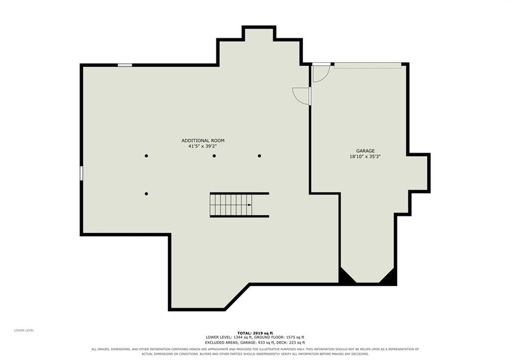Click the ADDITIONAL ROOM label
tap(203, 140)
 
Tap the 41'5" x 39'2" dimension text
tap(203, 146)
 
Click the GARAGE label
tap(365, 151)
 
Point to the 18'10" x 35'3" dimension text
tap(365, 156)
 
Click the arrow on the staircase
tap(249, 205)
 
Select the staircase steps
tap(231, 205)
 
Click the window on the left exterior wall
tap(81, 173)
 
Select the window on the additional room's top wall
tap(125, 65)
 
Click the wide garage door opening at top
tap(368, 65)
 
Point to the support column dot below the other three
tap(146, 194)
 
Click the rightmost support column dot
tap(259, 156)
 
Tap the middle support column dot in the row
tap(214, 156)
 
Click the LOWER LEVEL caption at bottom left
tap(24, 331)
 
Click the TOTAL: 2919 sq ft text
tap(255, 333)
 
